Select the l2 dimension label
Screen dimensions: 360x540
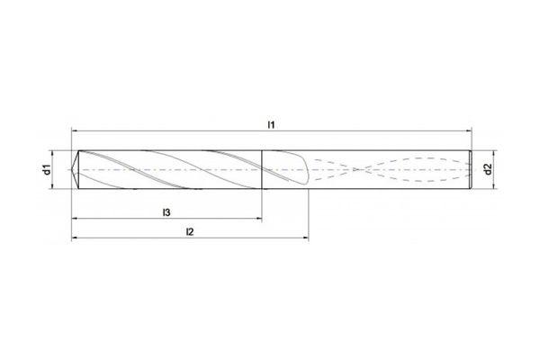click(190, 231)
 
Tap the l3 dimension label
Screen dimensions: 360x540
click(167, 211)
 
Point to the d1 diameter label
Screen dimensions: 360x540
click(47, 169)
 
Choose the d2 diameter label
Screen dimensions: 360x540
click(487, 169)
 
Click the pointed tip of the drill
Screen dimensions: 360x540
click(72, 169)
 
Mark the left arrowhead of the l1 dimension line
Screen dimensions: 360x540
click(75, 130)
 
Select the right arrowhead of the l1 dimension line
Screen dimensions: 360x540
click(472, 130)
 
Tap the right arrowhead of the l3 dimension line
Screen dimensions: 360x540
click(259, 219)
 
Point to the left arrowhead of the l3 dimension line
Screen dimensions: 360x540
click(75, 219)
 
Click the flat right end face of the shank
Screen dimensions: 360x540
click(475, 169)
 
